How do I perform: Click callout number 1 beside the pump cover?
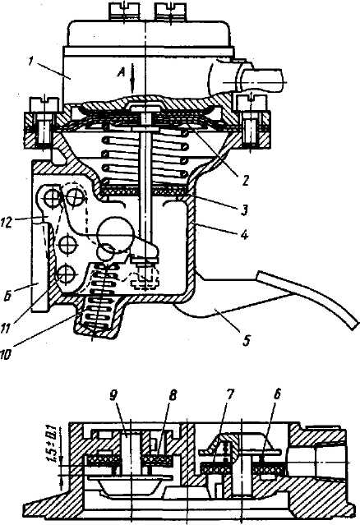(x=30, y=62)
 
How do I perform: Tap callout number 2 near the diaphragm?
(x=246, y=181)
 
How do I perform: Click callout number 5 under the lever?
(x=246, y=340)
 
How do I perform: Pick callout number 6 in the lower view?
(x=277, y=395)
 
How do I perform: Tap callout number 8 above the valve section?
(x=173, y=395)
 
